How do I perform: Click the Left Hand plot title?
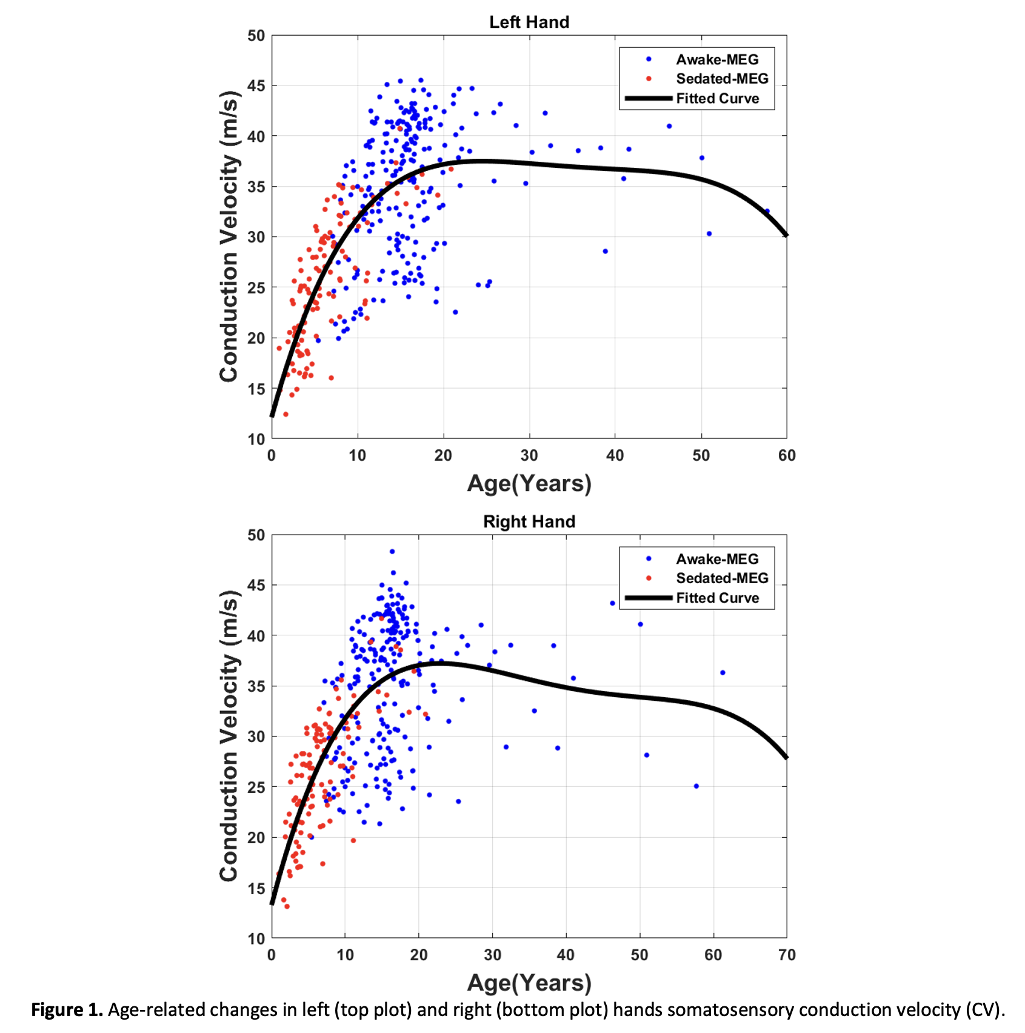(529, 22)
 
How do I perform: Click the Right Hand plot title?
(529, 522)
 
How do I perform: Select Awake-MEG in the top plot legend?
(717, 59)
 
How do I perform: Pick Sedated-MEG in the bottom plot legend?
(722, 578)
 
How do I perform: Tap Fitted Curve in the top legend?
(718, 99)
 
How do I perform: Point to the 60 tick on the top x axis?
(787, 456)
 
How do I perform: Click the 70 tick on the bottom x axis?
(787, 955)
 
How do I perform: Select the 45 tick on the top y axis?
(256, 86)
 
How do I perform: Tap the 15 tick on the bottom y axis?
(256, 889)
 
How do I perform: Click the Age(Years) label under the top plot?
(529, 484)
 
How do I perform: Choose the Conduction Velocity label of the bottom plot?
(229, 736)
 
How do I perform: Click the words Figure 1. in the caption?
(67, 1010)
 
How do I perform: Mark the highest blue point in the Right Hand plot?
(392, 552)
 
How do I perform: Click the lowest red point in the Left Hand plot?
(285, 414)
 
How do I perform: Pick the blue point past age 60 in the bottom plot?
(723, 672)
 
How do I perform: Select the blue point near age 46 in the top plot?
(669, 126)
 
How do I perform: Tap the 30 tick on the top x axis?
(529, 456)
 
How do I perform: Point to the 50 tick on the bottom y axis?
(256, 535)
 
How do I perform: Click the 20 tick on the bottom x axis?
(419, 955)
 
